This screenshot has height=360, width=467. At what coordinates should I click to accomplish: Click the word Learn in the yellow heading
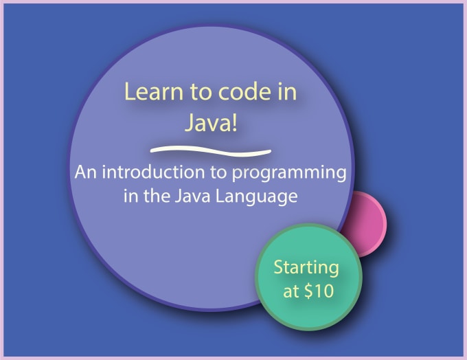click(x=154, y=91)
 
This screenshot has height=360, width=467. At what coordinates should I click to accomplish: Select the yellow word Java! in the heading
click(x=211, y=123)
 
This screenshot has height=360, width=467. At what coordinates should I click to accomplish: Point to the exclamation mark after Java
click(x=234, y=123)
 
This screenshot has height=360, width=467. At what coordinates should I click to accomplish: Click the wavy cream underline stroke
click(x=211, y=150)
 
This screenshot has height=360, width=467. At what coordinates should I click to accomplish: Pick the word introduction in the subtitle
click(x=153, y=172)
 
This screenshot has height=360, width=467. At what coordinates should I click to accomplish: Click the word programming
click(x=289, y=173)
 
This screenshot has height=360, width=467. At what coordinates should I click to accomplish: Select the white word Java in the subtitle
click(x=192, y=196)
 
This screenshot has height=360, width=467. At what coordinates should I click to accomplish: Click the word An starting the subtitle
click(x=86, y=172)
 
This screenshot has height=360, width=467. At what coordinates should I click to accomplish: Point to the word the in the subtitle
click(x=157, y=196)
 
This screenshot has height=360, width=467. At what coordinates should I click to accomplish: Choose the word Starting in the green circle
click(x=306, y=268)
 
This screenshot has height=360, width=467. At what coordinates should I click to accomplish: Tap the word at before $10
click(x=291, y=291)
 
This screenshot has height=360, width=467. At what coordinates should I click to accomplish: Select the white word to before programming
click(x=218, y=172)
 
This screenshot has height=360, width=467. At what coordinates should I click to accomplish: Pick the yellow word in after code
click(x=287, y=91)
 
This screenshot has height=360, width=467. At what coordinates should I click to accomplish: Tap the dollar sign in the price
click(x=308, y=291)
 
